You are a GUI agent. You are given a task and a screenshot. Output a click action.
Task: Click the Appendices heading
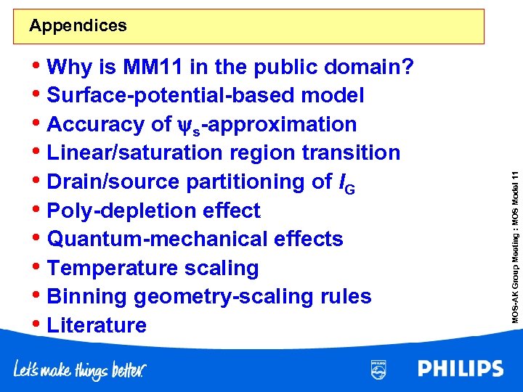(78, 26)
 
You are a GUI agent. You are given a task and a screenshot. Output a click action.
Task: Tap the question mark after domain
(409, 68)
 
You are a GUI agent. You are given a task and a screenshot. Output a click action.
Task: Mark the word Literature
(97, 325)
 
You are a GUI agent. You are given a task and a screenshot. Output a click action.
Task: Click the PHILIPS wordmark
(461, 368)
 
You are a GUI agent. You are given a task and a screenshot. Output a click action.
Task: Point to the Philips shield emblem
(378, 369)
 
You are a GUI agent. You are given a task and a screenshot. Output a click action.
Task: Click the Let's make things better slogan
(80, 370)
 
